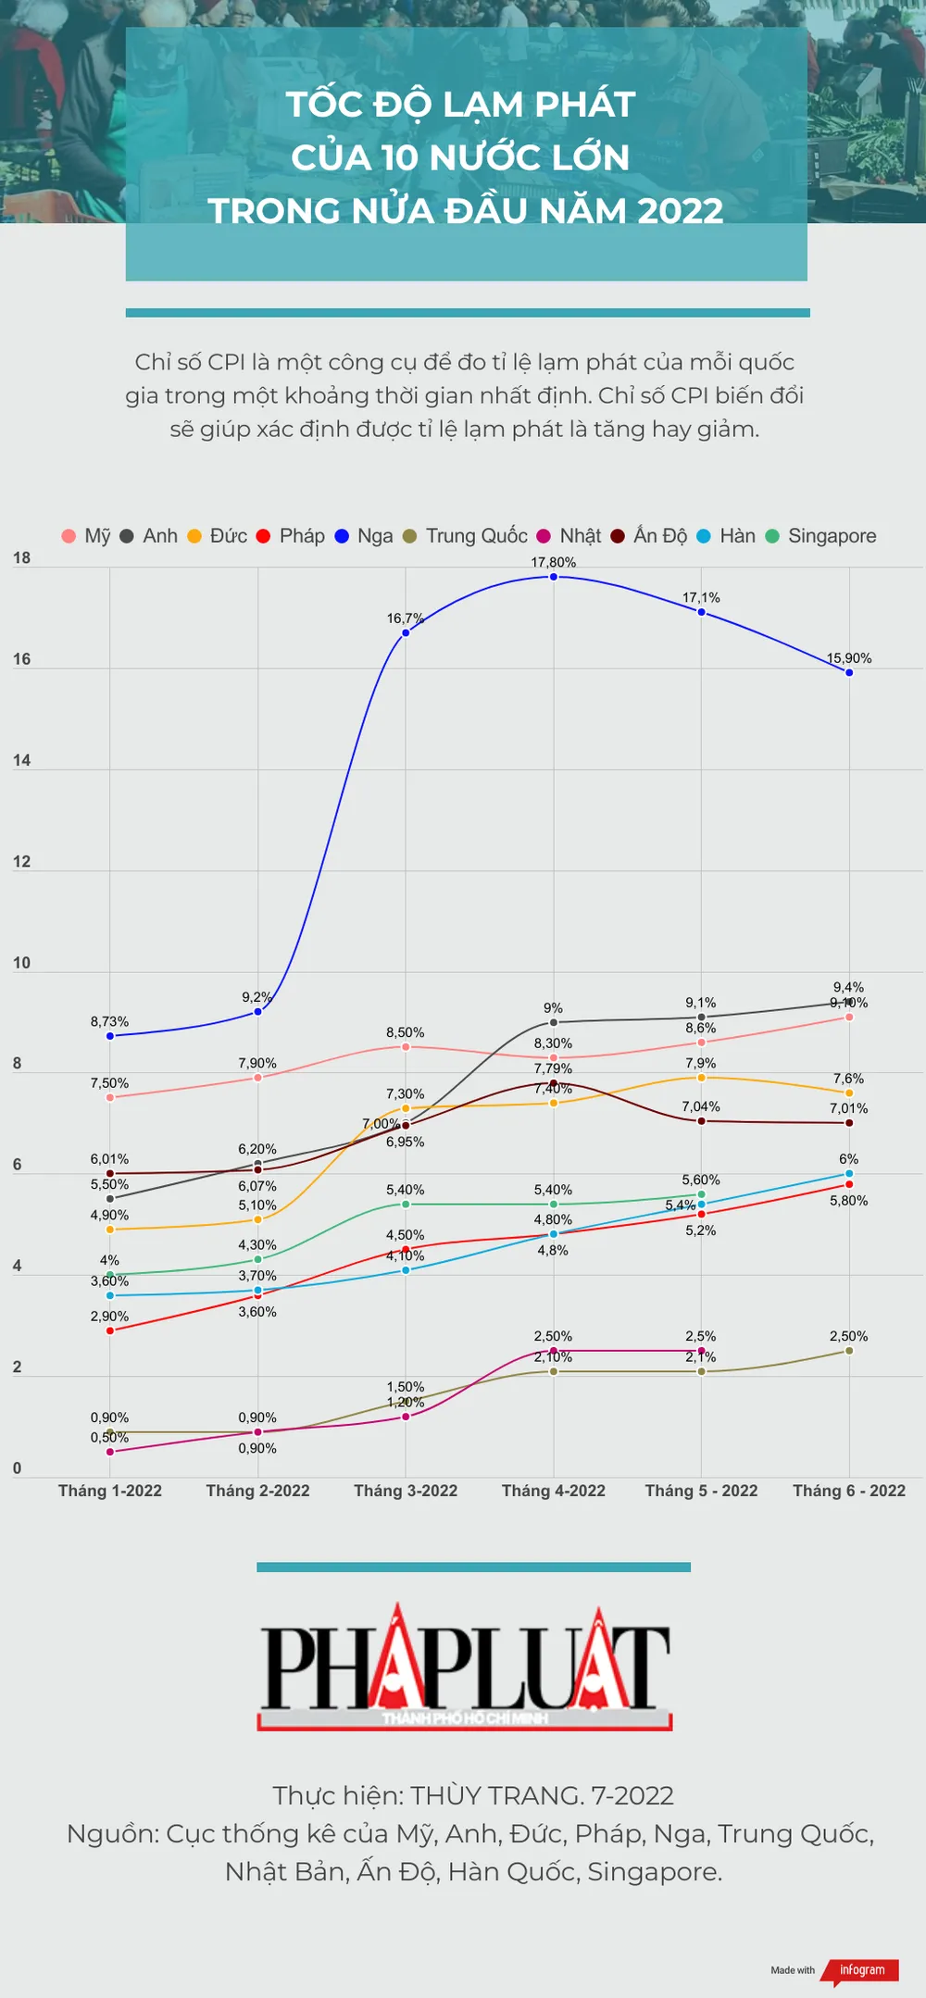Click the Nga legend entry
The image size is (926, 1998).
[364, 536]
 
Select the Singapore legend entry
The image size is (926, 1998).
[821, 536]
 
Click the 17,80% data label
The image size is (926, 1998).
[553, 562]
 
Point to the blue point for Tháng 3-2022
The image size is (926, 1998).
[406, 632]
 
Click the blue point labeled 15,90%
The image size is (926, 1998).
[849, 672]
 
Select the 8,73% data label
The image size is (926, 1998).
[109, 1021]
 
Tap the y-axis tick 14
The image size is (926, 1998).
[21, 760]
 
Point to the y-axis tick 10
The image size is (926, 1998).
[21, 963]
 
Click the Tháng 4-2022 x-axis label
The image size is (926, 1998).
[553, 1491]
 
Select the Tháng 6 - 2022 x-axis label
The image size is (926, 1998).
[849, 1491]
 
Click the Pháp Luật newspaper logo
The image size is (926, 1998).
[465, 1667]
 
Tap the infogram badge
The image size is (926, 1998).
[861, 1970]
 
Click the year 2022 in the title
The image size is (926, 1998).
[680, 211]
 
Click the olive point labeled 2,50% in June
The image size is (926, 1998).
[849, 1351]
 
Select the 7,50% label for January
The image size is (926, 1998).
[109, 1083]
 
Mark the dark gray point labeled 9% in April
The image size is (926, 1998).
[554, 1022]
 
